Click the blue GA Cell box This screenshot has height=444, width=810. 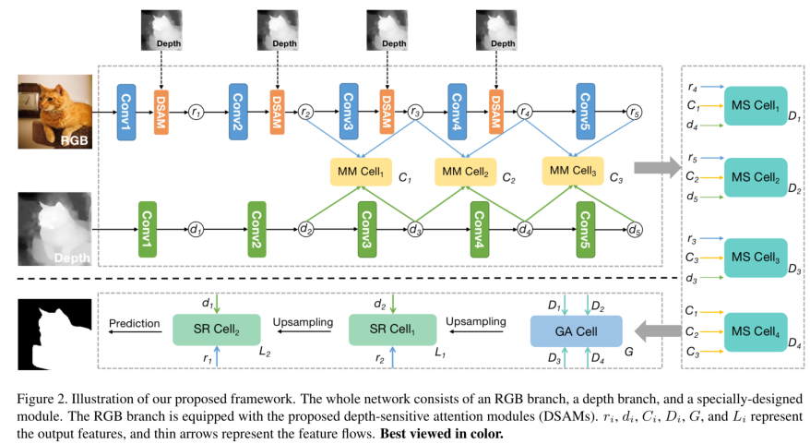[577, 330]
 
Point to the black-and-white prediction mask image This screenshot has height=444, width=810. [52, 334]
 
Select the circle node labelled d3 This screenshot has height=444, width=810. [416, 229]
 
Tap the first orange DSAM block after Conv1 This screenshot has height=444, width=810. [161, 112]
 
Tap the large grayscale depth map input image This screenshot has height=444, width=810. [55, 228]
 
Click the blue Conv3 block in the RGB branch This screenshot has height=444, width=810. [348, 112]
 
